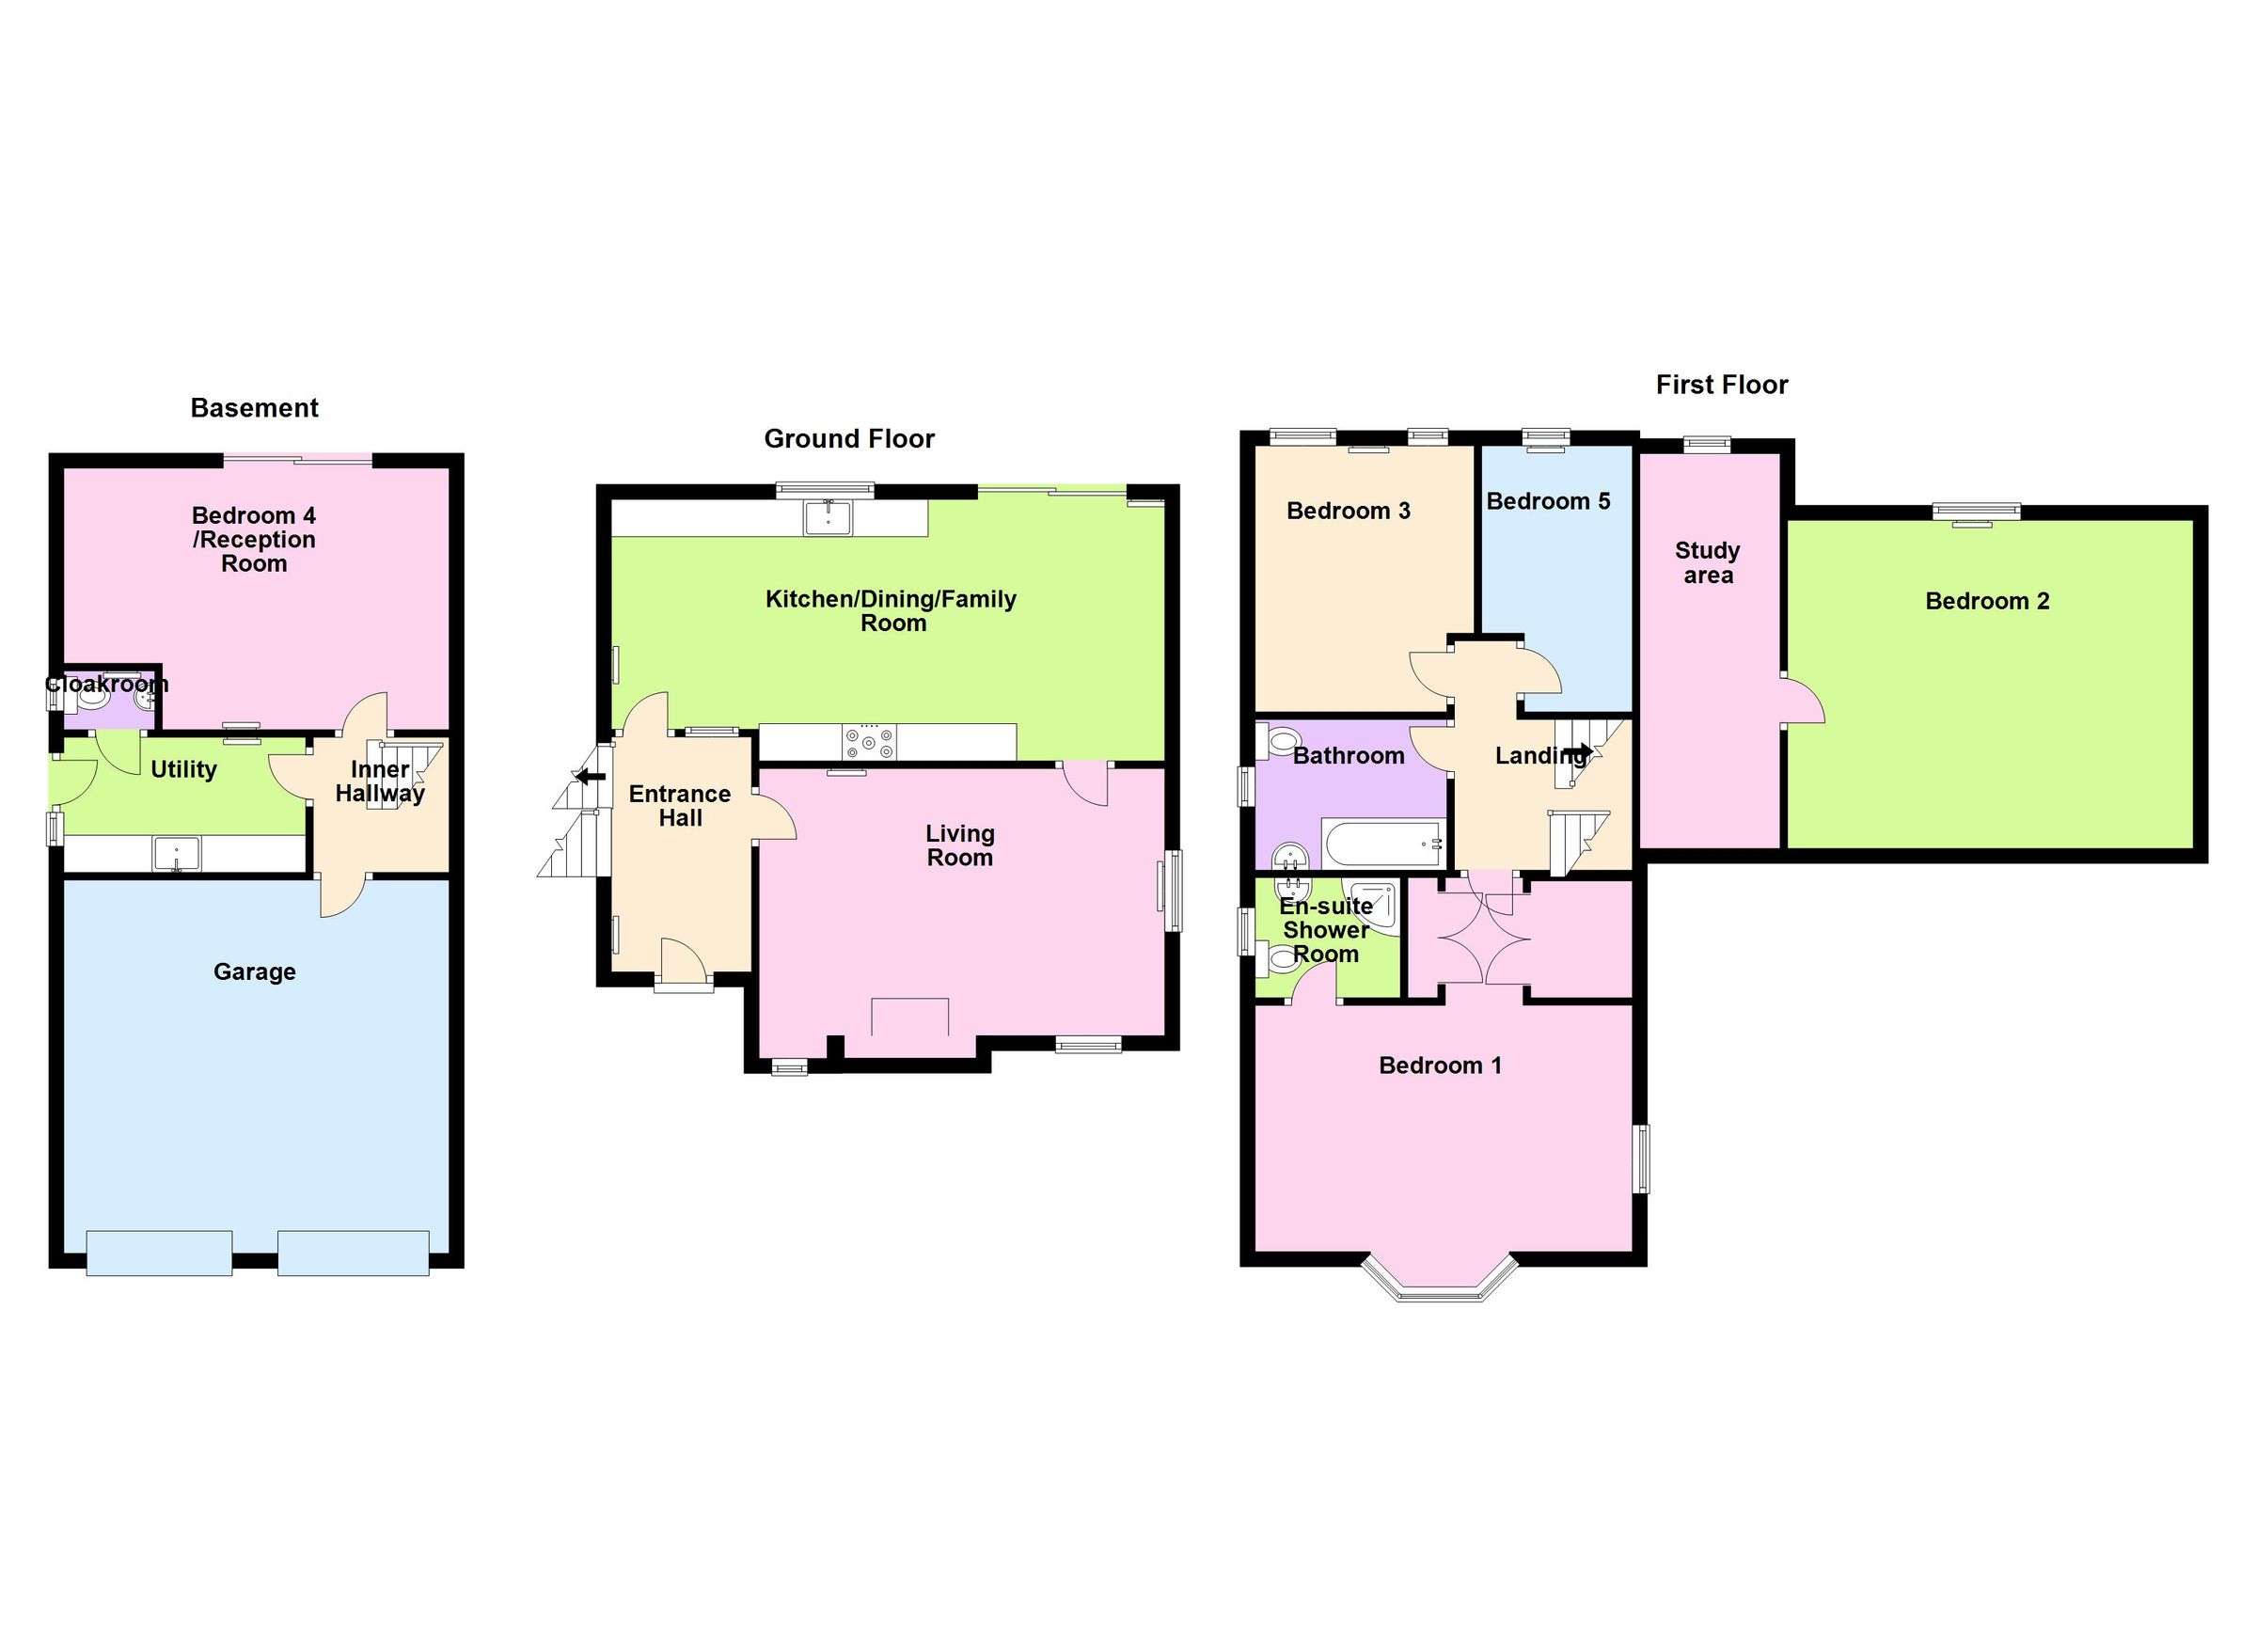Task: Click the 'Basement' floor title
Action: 254,408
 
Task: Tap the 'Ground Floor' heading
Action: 849,439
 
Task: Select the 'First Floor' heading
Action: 1721,386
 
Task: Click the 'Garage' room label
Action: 254,971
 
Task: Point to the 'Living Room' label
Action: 959,844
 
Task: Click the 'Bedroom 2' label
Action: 1986,601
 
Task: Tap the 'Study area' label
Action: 1707,562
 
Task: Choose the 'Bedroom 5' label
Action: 1548,500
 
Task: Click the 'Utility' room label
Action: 183,768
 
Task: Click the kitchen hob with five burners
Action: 869,741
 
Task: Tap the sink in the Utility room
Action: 176,854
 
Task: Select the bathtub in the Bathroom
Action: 1382,843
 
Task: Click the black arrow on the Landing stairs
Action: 1577,750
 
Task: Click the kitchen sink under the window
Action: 827,516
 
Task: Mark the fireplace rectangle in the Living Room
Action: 909,1016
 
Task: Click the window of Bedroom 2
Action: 1977,513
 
